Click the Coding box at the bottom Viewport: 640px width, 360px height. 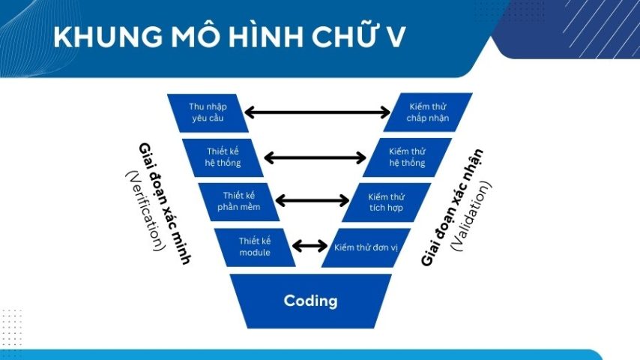[x=310, y=301]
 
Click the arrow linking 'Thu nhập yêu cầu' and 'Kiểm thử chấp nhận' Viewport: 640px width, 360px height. [x=317, y=113]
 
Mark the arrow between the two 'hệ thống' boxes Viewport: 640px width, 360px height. [x=315, y=157]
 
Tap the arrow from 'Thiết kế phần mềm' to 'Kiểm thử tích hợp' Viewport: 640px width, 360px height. [x=313, y=201]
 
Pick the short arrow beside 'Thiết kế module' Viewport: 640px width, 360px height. [x=310, y=246]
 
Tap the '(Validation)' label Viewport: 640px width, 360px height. [x=470, y=214]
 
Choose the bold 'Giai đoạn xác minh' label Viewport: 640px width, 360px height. [x=164, y=202]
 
